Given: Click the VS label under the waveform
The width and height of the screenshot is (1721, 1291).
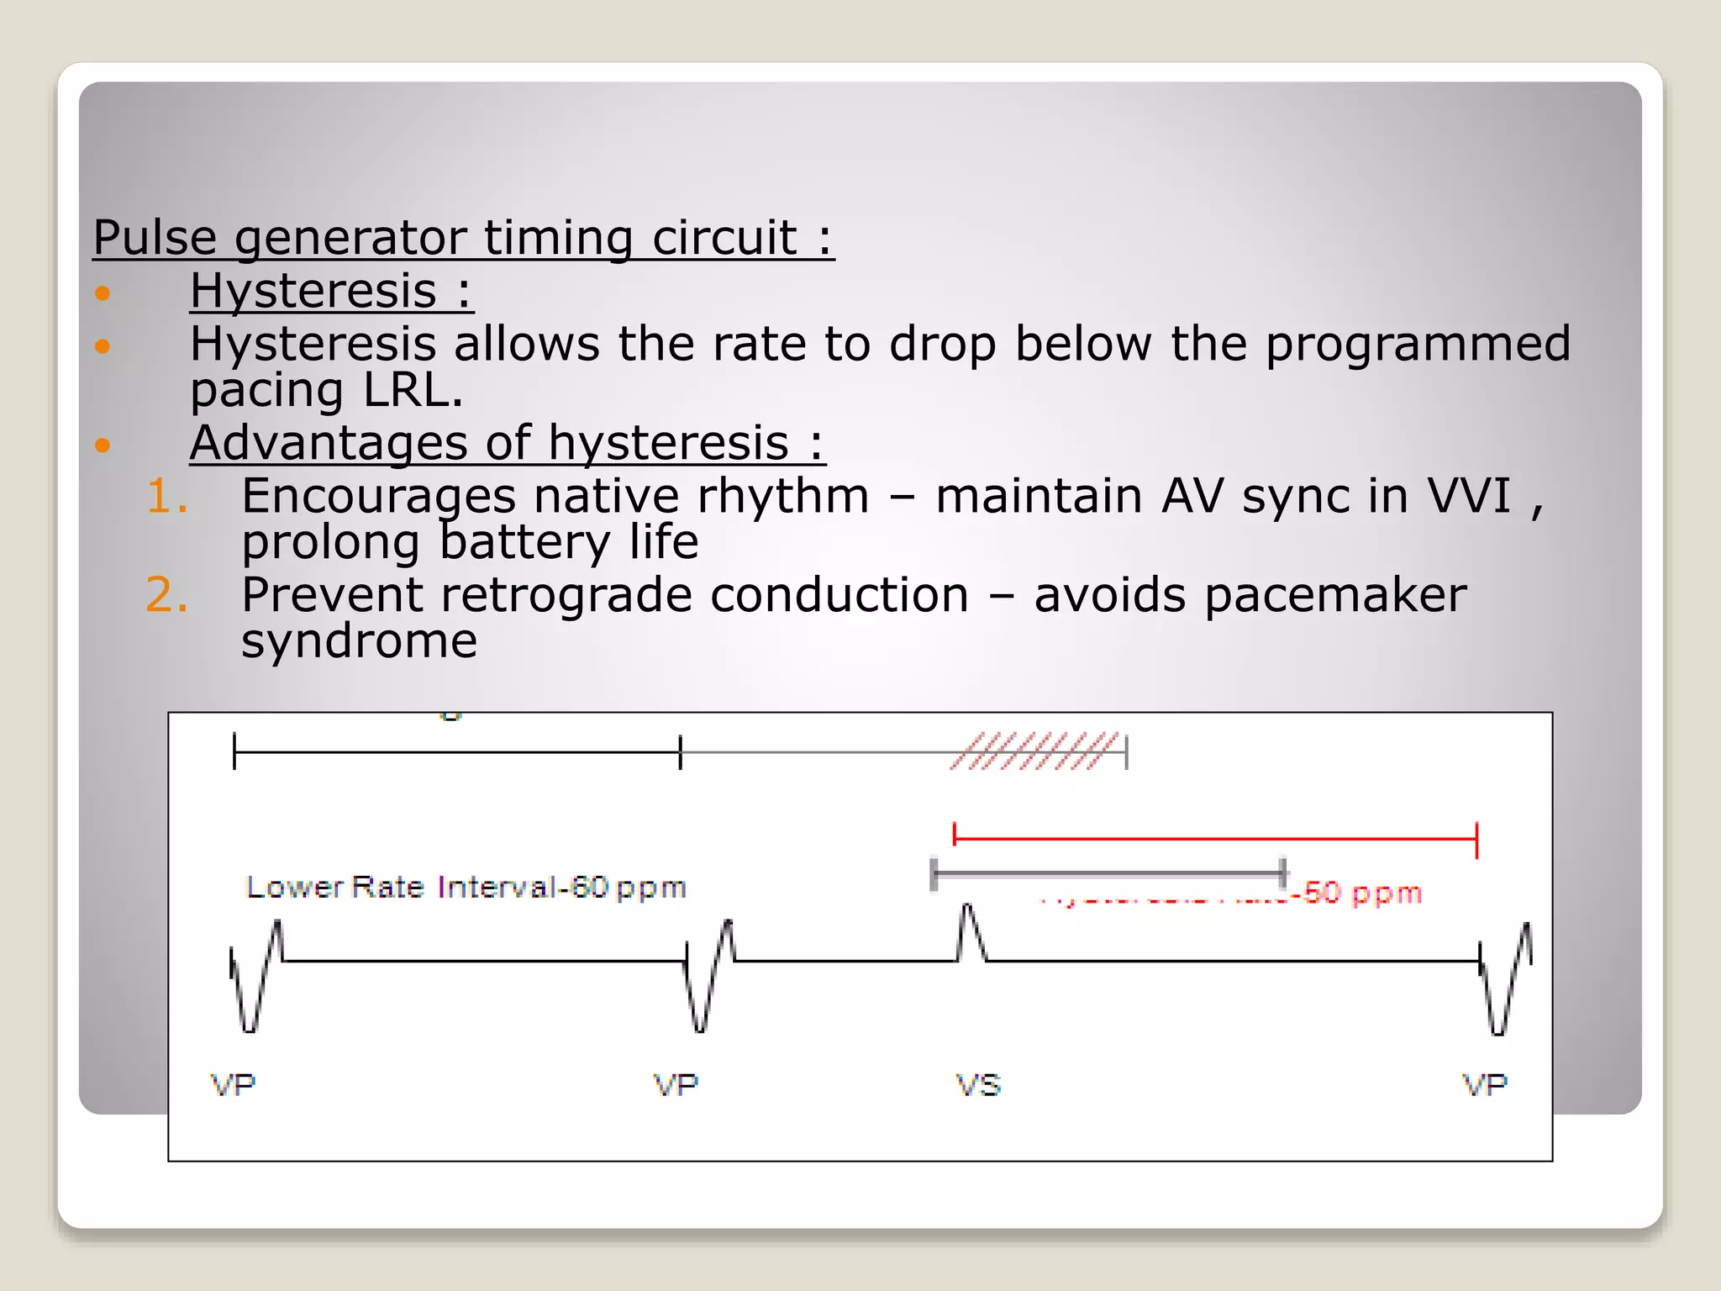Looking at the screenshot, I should click(x=978, y=1085).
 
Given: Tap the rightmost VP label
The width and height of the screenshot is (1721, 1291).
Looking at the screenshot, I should click(x=1485, y=1085).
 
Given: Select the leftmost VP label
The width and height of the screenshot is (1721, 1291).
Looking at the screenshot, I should click(x=233, y=1085).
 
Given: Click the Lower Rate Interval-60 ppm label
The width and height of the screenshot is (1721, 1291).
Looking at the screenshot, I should click(x=466, y=888).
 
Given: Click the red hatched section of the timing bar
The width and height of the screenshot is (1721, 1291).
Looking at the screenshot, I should click(x=1035, y=751).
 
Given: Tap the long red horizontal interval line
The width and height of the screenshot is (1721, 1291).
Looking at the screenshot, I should click(x=1215, y=838).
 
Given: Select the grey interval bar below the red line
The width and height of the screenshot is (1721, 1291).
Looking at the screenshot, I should click(x=1108, y=874).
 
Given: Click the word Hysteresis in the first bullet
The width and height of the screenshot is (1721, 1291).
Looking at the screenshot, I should click(x=313, y=291).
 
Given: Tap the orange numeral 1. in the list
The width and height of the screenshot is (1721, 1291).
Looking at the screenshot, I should click(x=166, y=496).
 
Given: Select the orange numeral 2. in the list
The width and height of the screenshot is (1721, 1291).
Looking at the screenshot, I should click(x=166, y=595).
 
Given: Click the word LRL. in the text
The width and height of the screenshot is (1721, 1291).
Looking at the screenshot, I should click(x=413, y=390).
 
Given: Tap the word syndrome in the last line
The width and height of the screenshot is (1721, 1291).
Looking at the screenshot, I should click(x=359, y=640).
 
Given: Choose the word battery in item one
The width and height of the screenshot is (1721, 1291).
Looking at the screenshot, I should click(x=524, y=542).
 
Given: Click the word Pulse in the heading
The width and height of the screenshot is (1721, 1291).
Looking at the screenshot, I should click(x=155, y=237).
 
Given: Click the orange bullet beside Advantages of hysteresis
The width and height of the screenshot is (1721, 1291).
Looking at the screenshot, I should click(x=103, y=445).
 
